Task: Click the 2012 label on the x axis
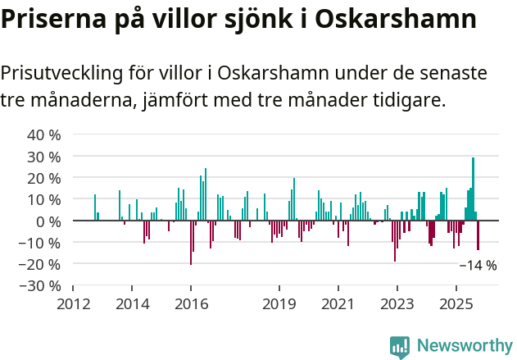pos(73,304)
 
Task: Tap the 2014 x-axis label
pos(132,304)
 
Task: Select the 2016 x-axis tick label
pos(191,304)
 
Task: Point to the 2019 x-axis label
pos(279,304)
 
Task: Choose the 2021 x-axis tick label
pos(338,304)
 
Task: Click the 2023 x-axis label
pos(397,304)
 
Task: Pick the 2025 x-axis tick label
pos(456,304)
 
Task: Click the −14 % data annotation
pos(478,265)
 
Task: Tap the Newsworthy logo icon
pos(400,346)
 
